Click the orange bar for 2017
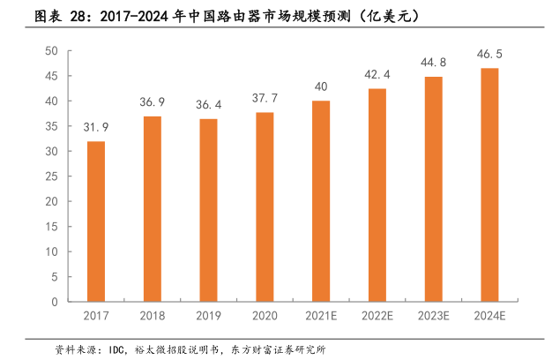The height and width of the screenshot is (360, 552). click(95, 221)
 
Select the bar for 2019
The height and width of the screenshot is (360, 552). click(208, 210)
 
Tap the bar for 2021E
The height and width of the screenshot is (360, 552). click(321, 201)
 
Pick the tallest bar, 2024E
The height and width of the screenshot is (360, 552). click(489, 185)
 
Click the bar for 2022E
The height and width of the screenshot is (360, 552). click(377, 195)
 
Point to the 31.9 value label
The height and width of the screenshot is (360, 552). click(96, 128)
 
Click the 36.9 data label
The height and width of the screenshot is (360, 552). click(152, 103)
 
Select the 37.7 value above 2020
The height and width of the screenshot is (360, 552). click(265, 99)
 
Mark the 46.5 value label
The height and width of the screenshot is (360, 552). click(489, 55)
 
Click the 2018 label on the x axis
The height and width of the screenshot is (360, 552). click(152, 315)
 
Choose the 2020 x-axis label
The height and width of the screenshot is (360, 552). click(265, 315)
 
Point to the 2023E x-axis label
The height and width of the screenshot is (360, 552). click(433, 315)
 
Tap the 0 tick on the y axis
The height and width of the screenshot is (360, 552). click(55, 302)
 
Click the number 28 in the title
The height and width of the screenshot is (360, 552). click(78, 17)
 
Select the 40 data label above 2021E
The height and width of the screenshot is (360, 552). click(321, 86)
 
